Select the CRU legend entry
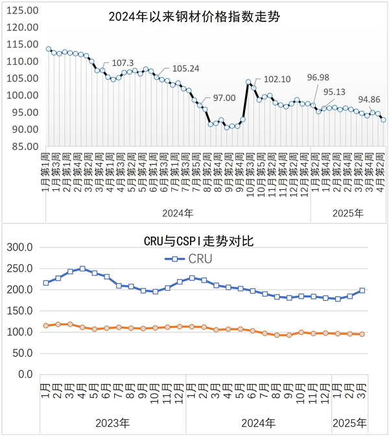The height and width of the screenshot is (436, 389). pyautogui.click(x=194, y=258)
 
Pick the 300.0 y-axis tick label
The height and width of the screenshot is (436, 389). pyautogui.click(x=21, y=247)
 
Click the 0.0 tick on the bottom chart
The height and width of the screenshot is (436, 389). pyautogui.click(x=26, y=374)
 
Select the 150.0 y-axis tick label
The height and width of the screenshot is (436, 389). pyautogui.click(x=21, y=311)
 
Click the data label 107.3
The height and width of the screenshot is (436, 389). pyautogui.click(x=123, y=63)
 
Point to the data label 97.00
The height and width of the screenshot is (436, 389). pyautogui.click(x=224, y=98)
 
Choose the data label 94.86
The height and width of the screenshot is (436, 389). pyautogui.click(x=370, y=100)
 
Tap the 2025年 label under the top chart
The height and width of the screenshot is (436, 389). pyautogui.click(x=348, y=212)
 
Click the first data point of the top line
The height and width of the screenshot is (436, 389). pyautogui.click(x=49, y=49)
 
